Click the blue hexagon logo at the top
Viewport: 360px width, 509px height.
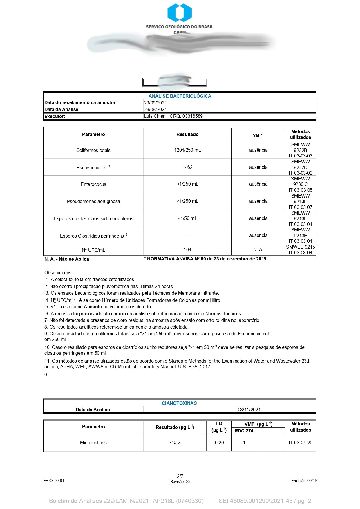click(x=180, y=12)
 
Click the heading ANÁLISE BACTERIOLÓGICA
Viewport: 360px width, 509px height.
click(x=180, y=96)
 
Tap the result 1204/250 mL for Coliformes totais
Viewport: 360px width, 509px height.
click(x=187, y=150)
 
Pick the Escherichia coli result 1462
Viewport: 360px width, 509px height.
click(x=187, y=167)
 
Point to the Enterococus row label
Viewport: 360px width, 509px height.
click(x=93, y=184)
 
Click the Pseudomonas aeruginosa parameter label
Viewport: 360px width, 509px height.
click(x=93, y=201)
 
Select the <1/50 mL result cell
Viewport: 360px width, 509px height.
click(x=187, y=218)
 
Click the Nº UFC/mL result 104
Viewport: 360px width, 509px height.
click(x=187, y=249)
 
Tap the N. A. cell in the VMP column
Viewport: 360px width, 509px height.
click(x=258, y=249)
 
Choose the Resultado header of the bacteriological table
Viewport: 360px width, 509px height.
click(x=187, y=134)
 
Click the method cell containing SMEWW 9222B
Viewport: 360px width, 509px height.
click(x=300, y=150)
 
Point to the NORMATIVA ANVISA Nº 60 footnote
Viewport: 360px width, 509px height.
click(x=206, y=259)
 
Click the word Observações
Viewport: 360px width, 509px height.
click(x=58, y=273)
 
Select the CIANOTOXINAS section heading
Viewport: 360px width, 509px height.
click(x=179, y=403)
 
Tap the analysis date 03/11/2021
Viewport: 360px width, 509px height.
click(x=249, y=410)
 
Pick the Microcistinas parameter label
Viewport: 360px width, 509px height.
click(x=93, y=443)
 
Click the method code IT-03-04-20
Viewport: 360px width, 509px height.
click(x=300, y=443)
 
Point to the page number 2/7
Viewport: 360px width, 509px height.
click(x=180, y=476)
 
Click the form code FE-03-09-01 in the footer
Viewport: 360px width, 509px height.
click(x=54, y=481)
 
